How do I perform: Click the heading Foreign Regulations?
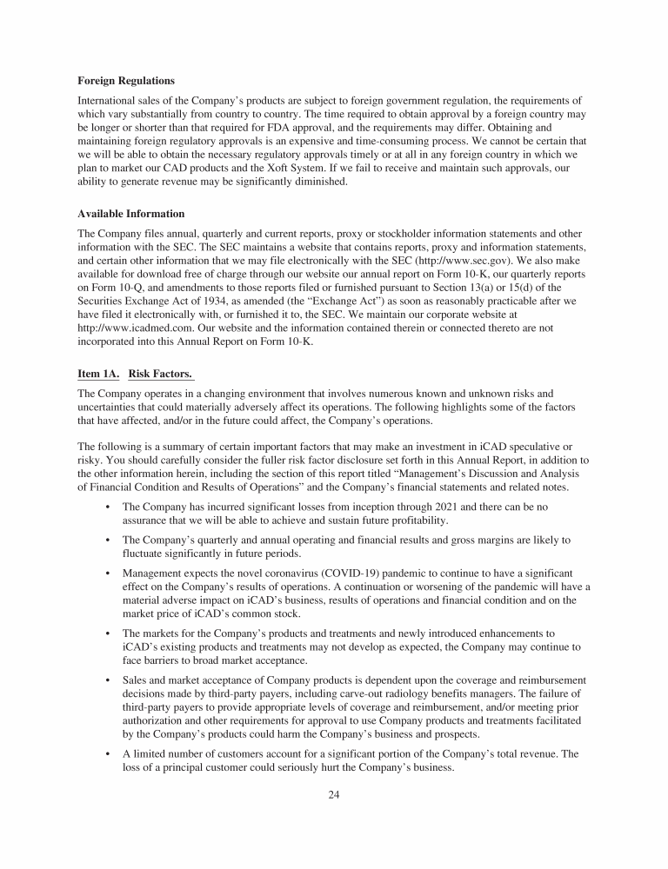(125, 81)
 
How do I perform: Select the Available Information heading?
(130, 213)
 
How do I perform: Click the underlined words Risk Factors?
(161, 374)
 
